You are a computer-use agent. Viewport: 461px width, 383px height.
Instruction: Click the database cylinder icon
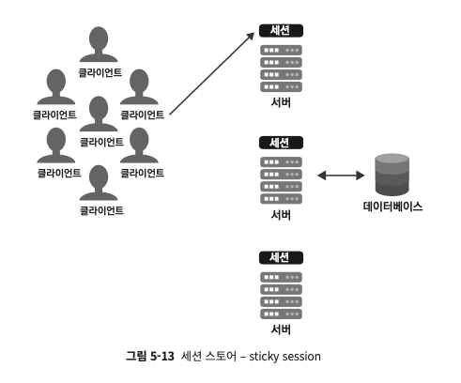pyautogui.click(x=392, y=175)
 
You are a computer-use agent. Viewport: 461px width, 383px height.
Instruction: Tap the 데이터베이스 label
pyautogui.click(x=392, y=207)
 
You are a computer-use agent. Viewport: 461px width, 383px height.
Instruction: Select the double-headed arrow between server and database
pyautogui.click(x=341, y=176)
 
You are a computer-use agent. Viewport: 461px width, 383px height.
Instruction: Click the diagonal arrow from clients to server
pyautogui.click(x=212, y=73)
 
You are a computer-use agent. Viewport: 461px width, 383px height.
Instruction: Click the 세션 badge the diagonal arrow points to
pyautogui.click(x=281, y=31)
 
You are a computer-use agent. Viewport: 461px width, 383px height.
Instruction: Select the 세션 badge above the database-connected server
pyautogui.click(x=281, y=143)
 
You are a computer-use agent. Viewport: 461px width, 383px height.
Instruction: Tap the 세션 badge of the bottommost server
pyautogui.click(x=281, y=258)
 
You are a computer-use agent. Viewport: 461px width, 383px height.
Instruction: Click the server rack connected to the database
pyautogui.click(x=281, y=180)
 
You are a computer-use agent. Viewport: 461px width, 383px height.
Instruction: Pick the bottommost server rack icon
pyautogui.click(x=281, y=296)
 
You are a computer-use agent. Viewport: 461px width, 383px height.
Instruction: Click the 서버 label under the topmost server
pyautogui.click(x=281, y=102)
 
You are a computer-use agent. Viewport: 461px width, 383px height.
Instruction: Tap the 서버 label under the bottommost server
pyautogui.click(x=281, y=329)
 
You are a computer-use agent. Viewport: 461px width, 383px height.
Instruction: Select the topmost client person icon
pyautogui.click(x=99, y=44)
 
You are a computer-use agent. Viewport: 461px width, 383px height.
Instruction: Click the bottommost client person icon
pyautogui.click(x=99, y=183)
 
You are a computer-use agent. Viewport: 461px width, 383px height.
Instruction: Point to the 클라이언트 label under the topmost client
pyautogui.click(x=100, y=72)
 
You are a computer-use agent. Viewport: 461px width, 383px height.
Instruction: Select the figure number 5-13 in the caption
pyautogui.click(x=162, y=357)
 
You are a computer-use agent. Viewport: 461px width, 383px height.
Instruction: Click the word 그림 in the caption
pyautogui.click(x=136, y=357)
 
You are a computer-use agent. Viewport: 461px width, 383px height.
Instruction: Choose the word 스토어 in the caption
pyautogui.click(x=221, y=357)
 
